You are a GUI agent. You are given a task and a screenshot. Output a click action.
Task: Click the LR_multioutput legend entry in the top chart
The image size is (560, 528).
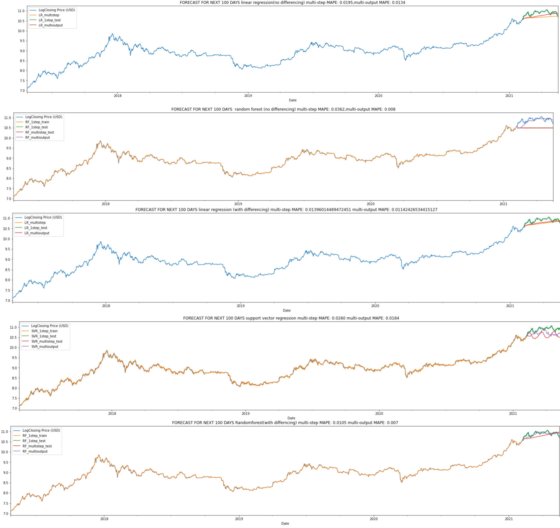click(x=50, y=25)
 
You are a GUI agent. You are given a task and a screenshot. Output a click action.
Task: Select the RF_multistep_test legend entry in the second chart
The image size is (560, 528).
click(x=39, y=132)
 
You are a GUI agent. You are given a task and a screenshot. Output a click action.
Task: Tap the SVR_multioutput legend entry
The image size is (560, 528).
click(x=45, y=347)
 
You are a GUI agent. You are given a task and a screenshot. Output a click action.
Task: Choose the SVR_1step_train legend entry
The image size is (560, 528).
click(x=44, y=331)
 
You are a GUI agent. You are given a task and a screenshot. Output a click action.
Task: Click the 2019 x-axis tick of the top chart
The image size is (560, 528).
click(x=248, y=96)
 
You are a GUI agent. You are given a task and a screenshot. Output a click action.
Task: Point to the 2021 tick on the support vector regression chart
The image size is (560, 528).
click(x=513, y=414)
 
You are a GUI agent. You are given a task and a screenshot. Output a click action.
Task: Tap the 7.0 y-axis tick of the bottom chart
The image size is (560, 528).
click(x=5, y=514)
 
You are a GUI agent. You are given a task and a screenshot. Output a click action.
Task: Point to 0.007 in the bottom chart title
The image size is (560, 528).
click(x=393, y=423)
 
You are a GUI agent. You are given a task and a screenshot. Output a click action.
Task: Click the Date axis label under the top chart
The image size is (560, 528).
click(x=292, y=100)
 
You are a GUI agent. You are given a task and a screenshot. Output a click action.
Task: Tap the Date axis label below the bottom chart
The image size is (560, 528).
click(x=285, y=524)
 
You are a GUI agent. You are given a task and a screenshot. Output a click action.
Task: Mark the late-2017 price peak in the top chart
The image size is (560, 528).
click(x=112, y=34)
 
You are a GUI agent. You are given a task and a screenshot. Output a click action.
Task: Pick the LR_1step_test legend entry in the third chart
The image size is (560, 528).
click(x=36, y=228)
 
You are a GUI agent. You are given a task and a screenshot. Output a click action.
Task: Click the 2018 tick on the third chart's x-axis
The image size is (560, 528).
click(x=106, y=306)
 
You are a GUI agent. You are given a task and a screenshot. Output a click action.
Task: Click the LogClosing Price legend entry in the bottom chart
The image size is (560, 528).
click(x=41, y=430)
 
